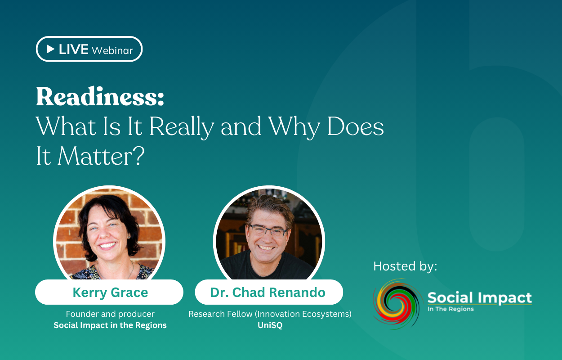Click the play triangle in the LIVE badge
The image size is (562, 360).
(x=51, y=49)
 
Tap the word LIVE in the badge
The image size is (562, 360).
(x=73, y=49)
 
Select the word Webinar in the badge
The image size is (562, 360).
(x=112, y=50)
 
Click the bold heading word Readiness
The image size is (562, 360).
(x=100, y=97)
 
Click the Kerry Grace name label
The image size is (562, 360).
(x=110, y=292)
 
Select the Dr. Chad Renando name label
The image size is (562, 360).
(x=268, y=292)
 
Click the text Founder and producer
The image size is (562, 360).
(x=110, y=314)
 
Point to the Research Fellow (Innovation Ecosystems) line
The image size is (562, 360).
(x=270, y=314)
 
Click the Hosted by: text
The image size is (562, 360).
(x=405, y=266)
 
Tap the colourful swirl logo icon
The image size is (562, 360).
(x=396, y=304)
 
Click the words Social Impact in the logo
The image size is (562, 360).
(x=479, y=297)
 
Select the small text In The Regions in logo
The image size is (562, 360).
(x=450, y=309)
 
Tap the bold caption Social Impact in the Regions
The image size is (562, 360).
(x=110, y=325)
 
